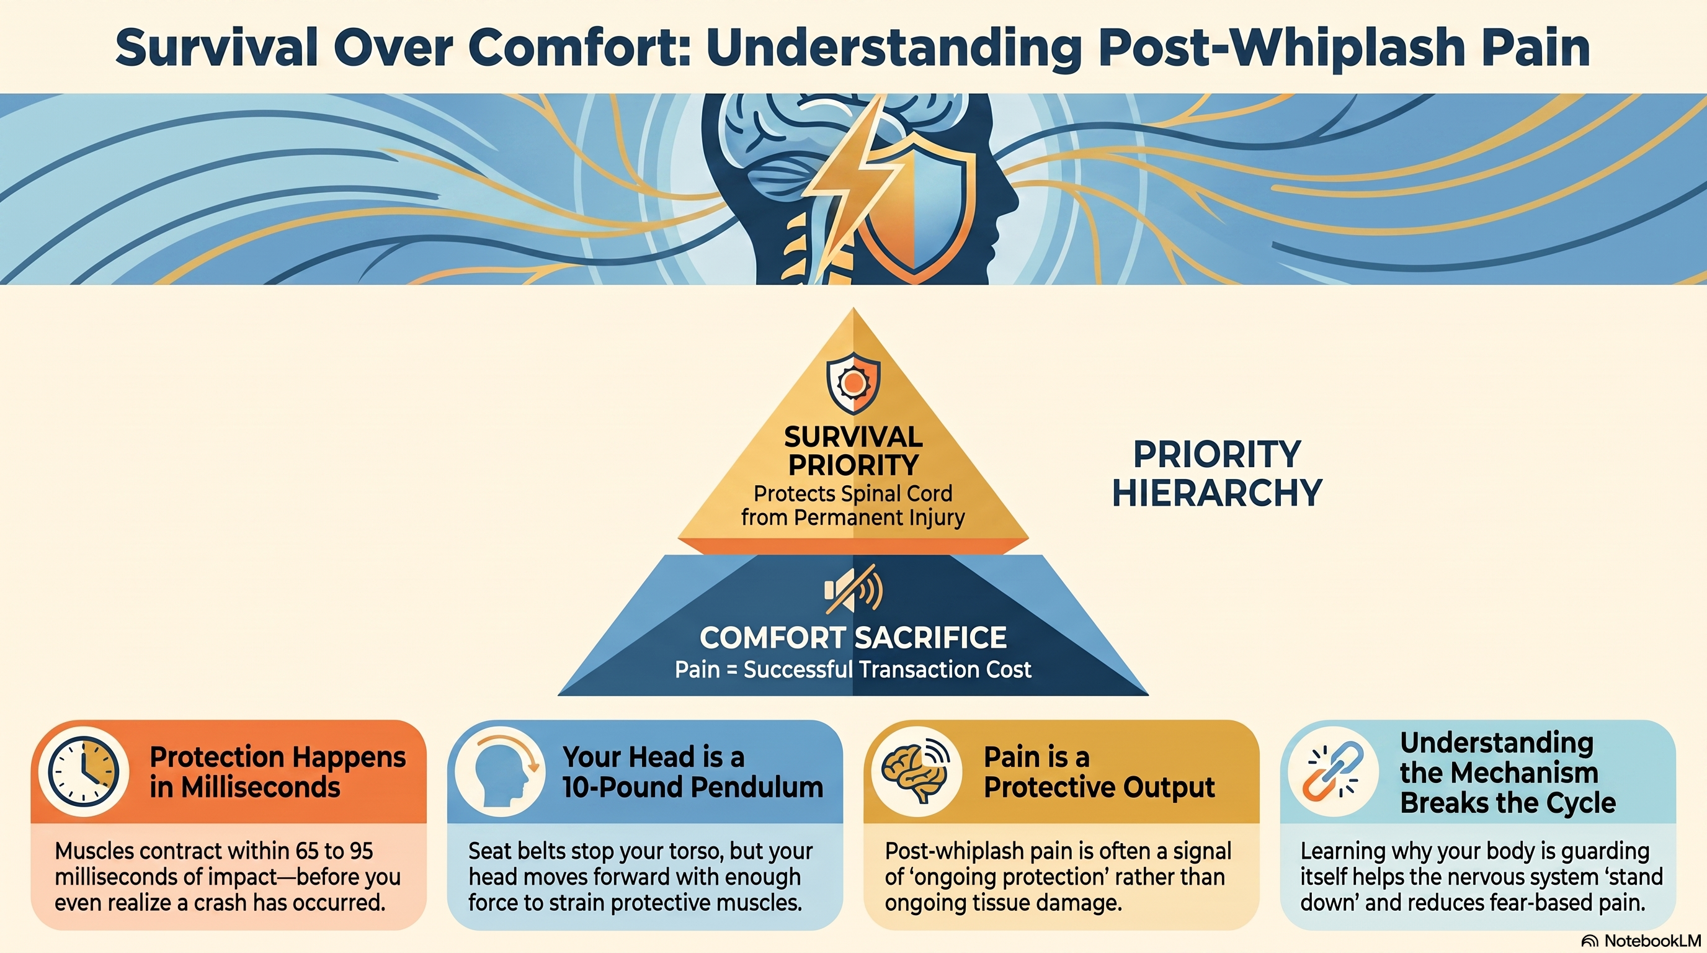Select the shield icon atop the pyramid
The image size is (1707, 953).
point(853,383)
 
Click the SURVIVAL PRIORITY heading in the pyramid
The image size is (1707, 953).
point(853,450)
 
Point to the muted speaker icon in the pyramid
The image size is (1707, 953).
point(853,589)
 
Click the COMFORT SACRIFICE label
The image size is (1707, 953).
point(853,638)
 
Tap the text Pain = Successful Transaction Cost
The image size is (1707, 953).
point(853,669)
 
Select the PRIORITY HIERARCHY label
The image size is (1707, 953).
point(1216,473)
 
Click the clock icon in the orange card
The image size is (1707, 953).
point(84,771)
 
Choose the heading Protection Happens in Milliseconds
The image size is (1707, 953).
point(278,772)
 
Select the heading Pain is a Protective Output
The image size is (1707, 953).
point(1099,772)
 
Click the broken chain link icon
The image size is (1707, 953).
point(1332,771)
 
